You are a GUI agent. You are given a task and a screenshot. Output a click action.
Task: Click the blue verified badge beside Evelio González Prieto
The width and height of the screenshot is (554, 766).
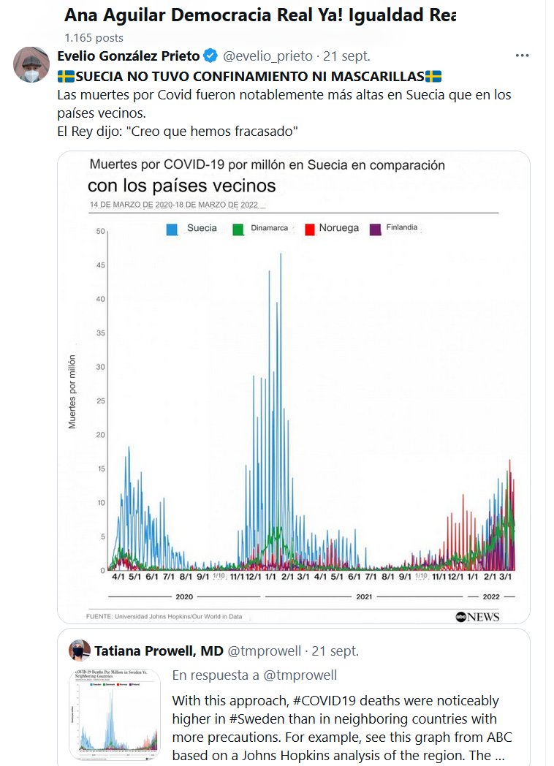pos(210,56)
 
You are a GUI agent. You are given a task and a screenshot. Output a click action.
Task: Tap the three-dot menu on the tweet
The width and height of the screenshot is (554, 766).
pos(522,56)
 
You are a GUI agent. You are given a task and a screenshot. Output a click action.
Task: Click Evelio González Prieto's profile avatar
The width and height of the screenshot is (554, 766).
pos(31,66)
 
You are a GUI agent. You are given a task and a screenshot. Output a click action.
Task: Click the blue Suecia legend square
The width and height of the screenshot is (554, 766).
pos(172,229)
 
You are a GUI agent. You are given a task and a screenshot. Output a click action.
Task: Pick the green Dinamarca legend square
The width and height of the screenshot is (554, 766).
pos(238,229)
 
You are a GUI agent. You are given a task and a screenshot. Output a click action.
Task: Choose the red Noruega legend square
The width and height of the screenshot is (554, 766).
pos(310,229)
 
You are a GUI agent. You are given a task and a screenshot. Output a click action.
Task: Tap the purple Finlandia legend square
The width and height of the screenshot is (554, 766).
pos(376,229)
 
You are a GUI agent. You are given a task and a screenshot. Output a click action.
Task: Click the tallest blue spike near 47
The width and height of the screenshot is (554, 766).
pos(281,255)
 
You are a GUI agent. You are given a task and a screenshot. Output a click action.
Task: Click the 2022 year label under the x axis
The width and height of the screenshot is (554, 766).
pos(490,597)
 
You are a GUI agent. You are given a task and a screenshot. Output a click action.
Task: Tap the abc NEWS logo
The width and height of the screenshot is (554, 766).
pos(478,617)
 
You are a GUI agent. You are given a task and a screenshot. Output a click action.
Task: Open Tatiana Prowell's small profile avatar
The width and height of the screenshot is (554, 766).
pos(80,651)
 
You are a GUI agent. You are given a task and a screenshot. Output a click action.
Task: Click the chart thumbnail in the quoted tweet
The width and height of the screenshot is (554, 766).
pos(115,713)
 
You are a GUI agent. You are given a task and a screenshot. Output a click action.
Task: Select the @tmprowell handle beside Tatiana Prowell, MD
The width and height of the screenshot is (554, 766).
pos(265,651)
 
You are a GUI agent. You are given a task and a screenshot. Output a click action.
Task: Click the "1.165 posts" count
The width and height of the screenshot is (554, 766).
pos(94,37)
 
